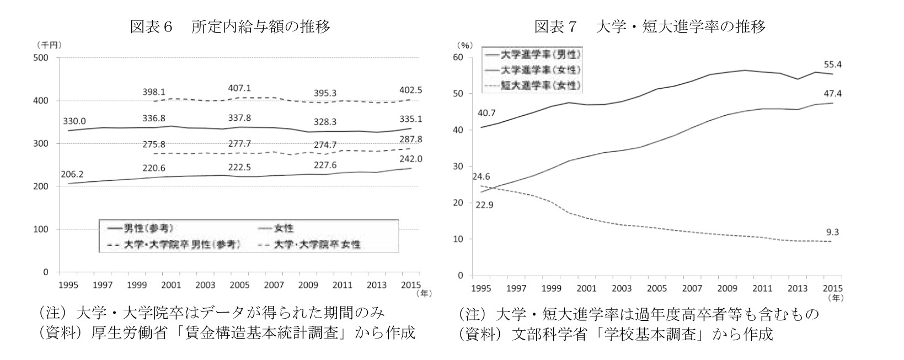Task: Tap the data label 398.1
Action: [153, 92]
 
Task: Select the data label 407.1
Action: [239, 88]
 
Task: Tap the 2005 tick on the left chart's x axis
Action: [239, 285]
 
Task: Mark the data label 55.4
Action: [831, 65]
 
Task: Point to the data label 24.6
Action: [481, 177]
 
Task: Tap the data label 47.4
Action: [831, 94]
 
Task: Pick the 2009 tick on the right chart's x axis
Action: [728, 288]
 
